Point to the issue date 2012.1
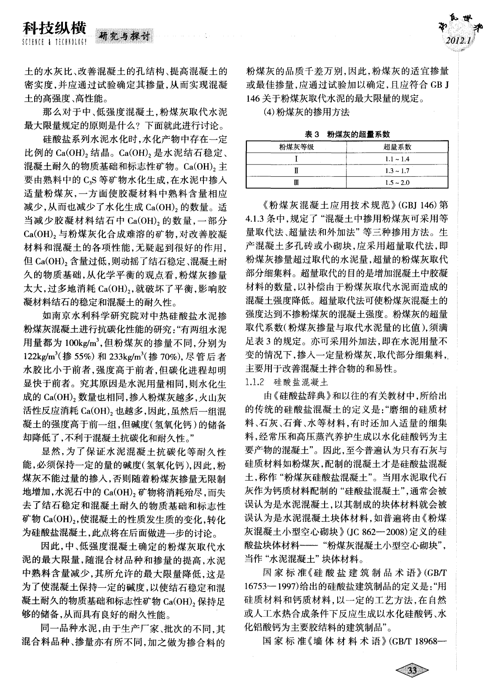click(x=457, y=41)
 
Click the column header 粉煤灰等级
click(x=296, y=147)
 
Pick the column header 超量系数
click(x=397, y=147)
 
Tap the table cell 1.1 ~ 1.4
click(x=397, y=159)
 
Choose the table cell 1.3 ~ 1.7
click(x=397, y=171)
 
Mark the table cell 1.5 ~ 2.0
click(x=397, y=183)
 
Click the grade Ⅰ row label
click(x=296, y=159)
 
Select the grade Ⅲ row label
click(x=296, y=183)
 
